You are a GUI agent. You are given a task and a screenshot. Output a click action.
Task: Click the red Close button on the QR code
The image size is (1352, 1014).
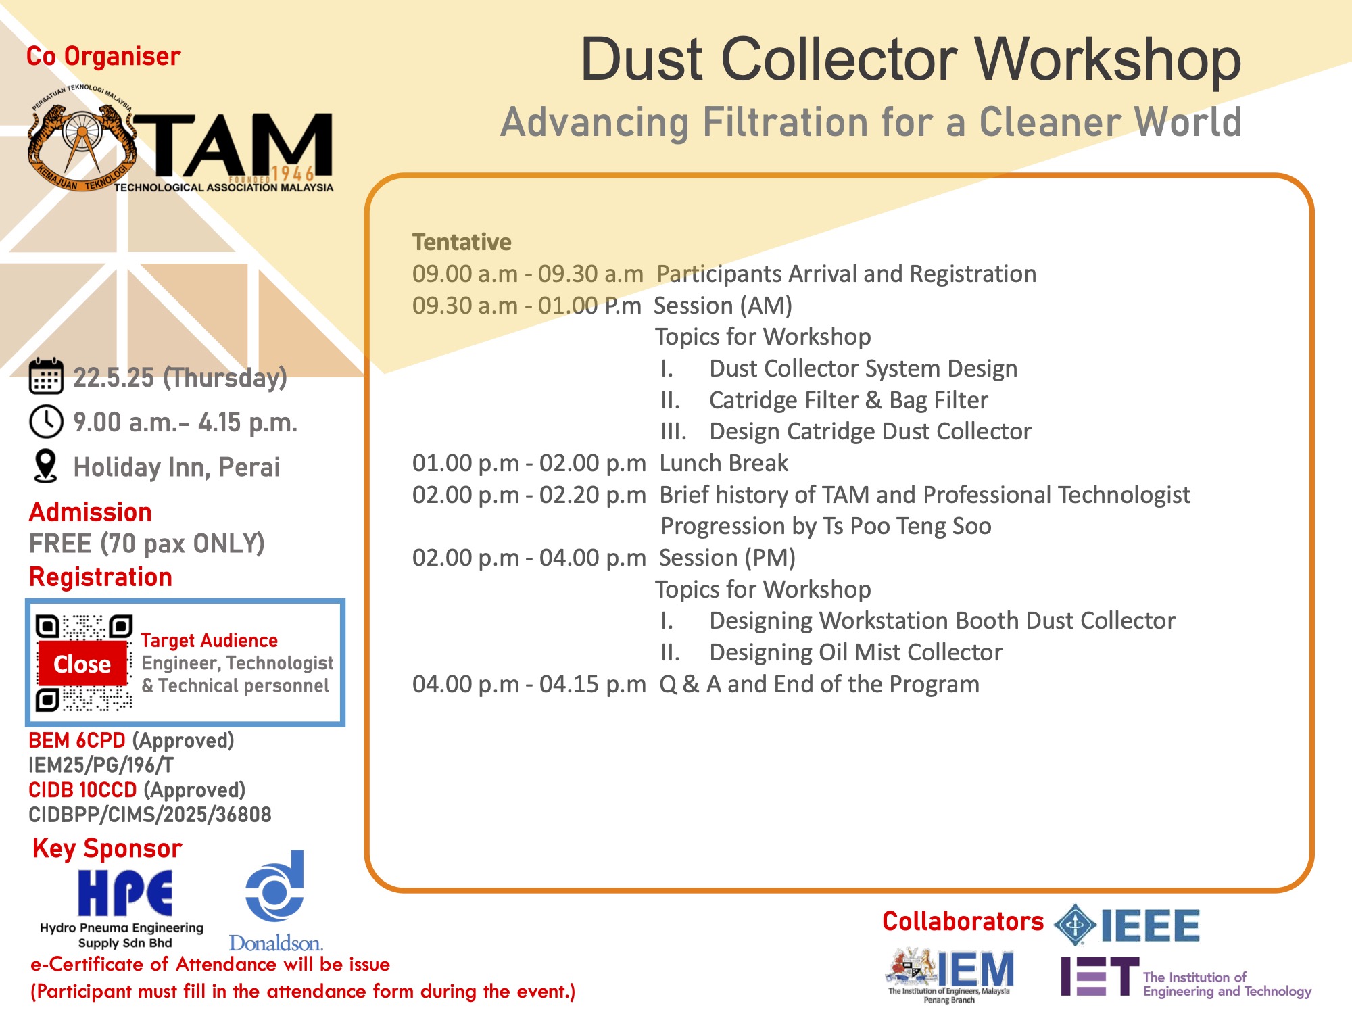[82, 664]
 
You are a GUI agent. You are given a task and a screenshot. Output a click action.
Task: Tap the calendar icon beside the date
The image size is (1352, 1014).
[46, 376]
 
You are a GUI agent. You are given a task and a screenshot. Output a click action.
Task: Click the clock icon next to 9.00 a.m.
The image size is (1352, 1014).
[46, 422]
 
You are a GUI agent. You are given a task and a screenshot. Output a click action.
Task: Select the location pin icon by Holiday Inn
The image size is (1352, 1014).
[45, 466]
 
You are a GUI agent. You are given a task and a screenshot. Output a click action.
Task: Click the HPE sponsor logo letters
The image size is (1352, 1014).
[125, 892]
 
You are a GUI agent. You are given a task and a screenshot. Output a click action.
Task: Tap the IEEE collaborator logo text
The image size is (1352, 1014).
[1150, 925]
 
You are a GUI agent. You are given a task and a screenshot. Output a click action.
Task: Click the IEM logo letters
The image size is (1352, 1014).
[975, 970]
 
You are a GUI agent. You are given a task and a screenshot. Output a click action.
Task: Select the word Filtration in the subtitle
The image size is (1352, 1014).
[786, 122]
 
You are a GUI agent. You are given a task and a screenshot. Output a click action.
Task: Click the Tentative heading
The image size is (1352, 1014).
[462, 242]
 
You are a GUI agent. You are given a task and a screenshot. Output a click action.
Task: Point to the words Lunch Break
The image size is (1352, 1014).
[723, 463]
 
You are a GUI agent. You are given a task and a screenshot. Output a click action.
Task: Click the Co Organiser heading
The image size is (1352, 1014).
[103, 56]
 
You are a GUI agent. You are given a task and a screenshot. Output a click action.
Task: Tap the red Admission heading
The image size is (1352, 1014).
[91, 512]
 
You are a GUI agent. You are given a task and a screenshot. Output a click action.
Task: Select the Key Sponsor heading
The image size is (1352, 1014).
[107, 848]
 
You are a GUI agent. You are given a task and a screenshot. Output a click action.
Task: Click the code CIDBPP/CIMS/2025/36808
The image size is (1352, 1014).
[150, 815]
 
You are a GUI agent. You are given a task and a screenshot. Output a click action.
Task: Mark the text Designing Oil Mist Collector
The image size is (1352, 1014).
[856, 652]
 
